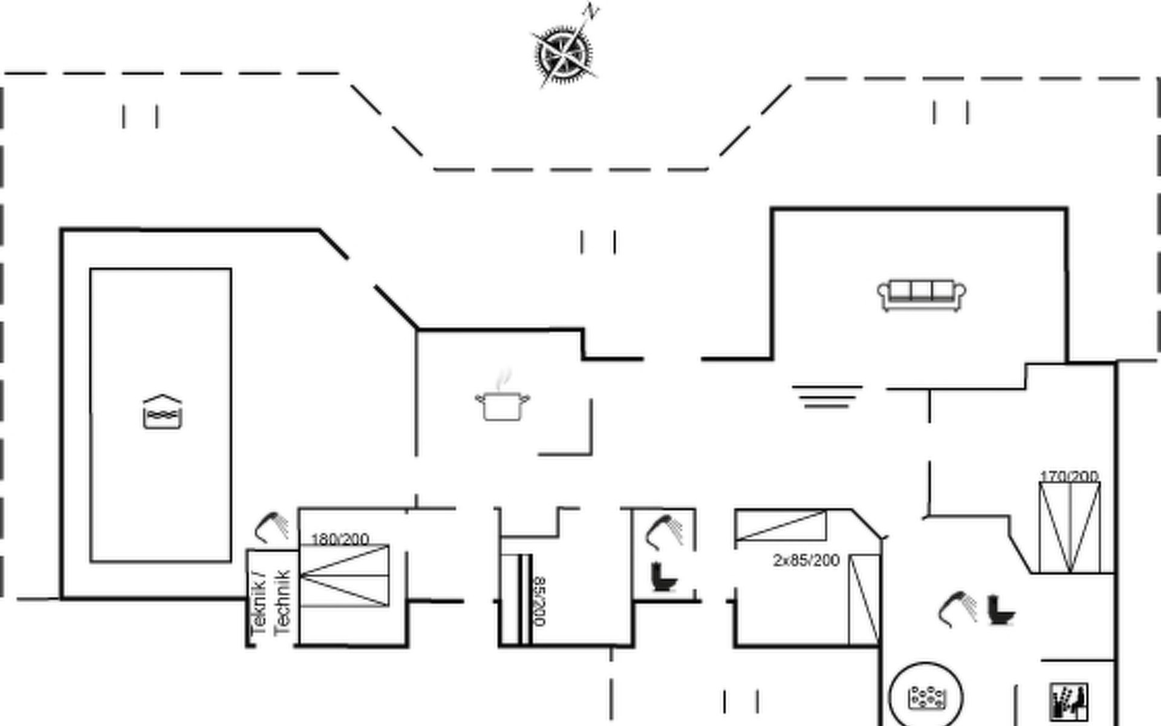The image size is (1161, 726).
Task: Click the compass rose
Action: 564,54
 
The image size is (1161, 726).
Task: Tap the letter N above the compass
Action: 591,11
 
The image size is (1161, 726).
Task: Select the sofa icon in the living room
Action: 922,295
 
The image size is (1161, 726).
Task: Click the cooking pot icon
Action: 502,405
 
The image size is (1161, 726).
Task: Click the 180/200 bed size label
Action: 340,538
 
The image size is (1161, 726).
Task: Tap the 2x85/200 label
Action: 806,560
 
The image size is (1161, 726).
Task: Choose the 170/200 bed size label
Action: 1069,476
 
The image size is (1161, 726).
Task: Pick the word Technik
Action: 282,603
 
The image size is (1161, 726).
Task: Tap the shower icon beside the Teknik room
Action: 272,526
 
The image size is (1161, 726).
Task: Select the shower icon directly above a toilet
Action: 664,531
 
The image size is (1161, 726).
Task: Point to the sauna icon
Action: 1069,702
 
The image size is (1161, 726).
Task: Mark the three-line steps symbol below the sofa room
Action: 827,396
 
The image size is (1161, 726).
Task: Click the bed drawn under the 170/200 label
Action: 1070,527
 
